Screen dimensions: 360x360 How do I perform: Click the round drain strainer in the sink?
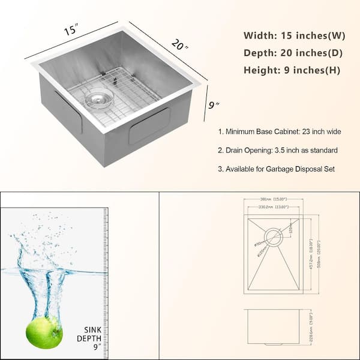tap(98, 100)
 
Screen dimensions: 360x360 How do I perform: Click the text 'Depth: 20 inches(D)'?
tap(293, 52)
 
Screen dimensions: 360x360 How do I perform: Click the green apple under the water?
tap(44, 332)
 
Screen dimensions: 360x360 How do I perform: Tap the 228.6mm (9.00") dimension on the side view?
tap(311, 327)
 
